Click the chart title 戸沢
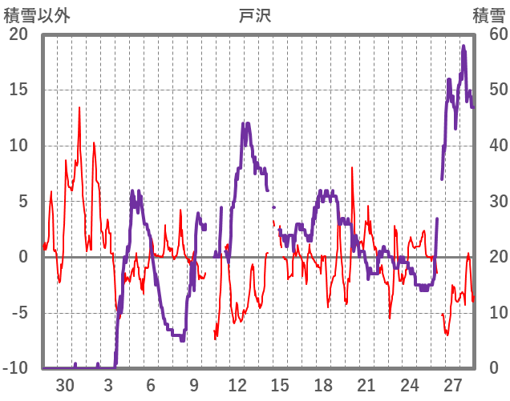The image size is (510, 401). [255, 15]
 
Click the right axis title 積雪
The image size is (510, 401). [488, 15]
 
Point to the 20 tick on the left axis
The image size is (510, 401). [18, 34]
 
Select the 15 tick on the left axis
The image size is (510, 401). [18, 90]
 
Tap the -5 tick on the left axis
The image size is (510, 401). [18, 313]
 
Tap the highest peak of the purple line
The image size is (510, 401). [463, 46]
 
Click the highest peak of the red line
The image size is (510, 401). [79, 107]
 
